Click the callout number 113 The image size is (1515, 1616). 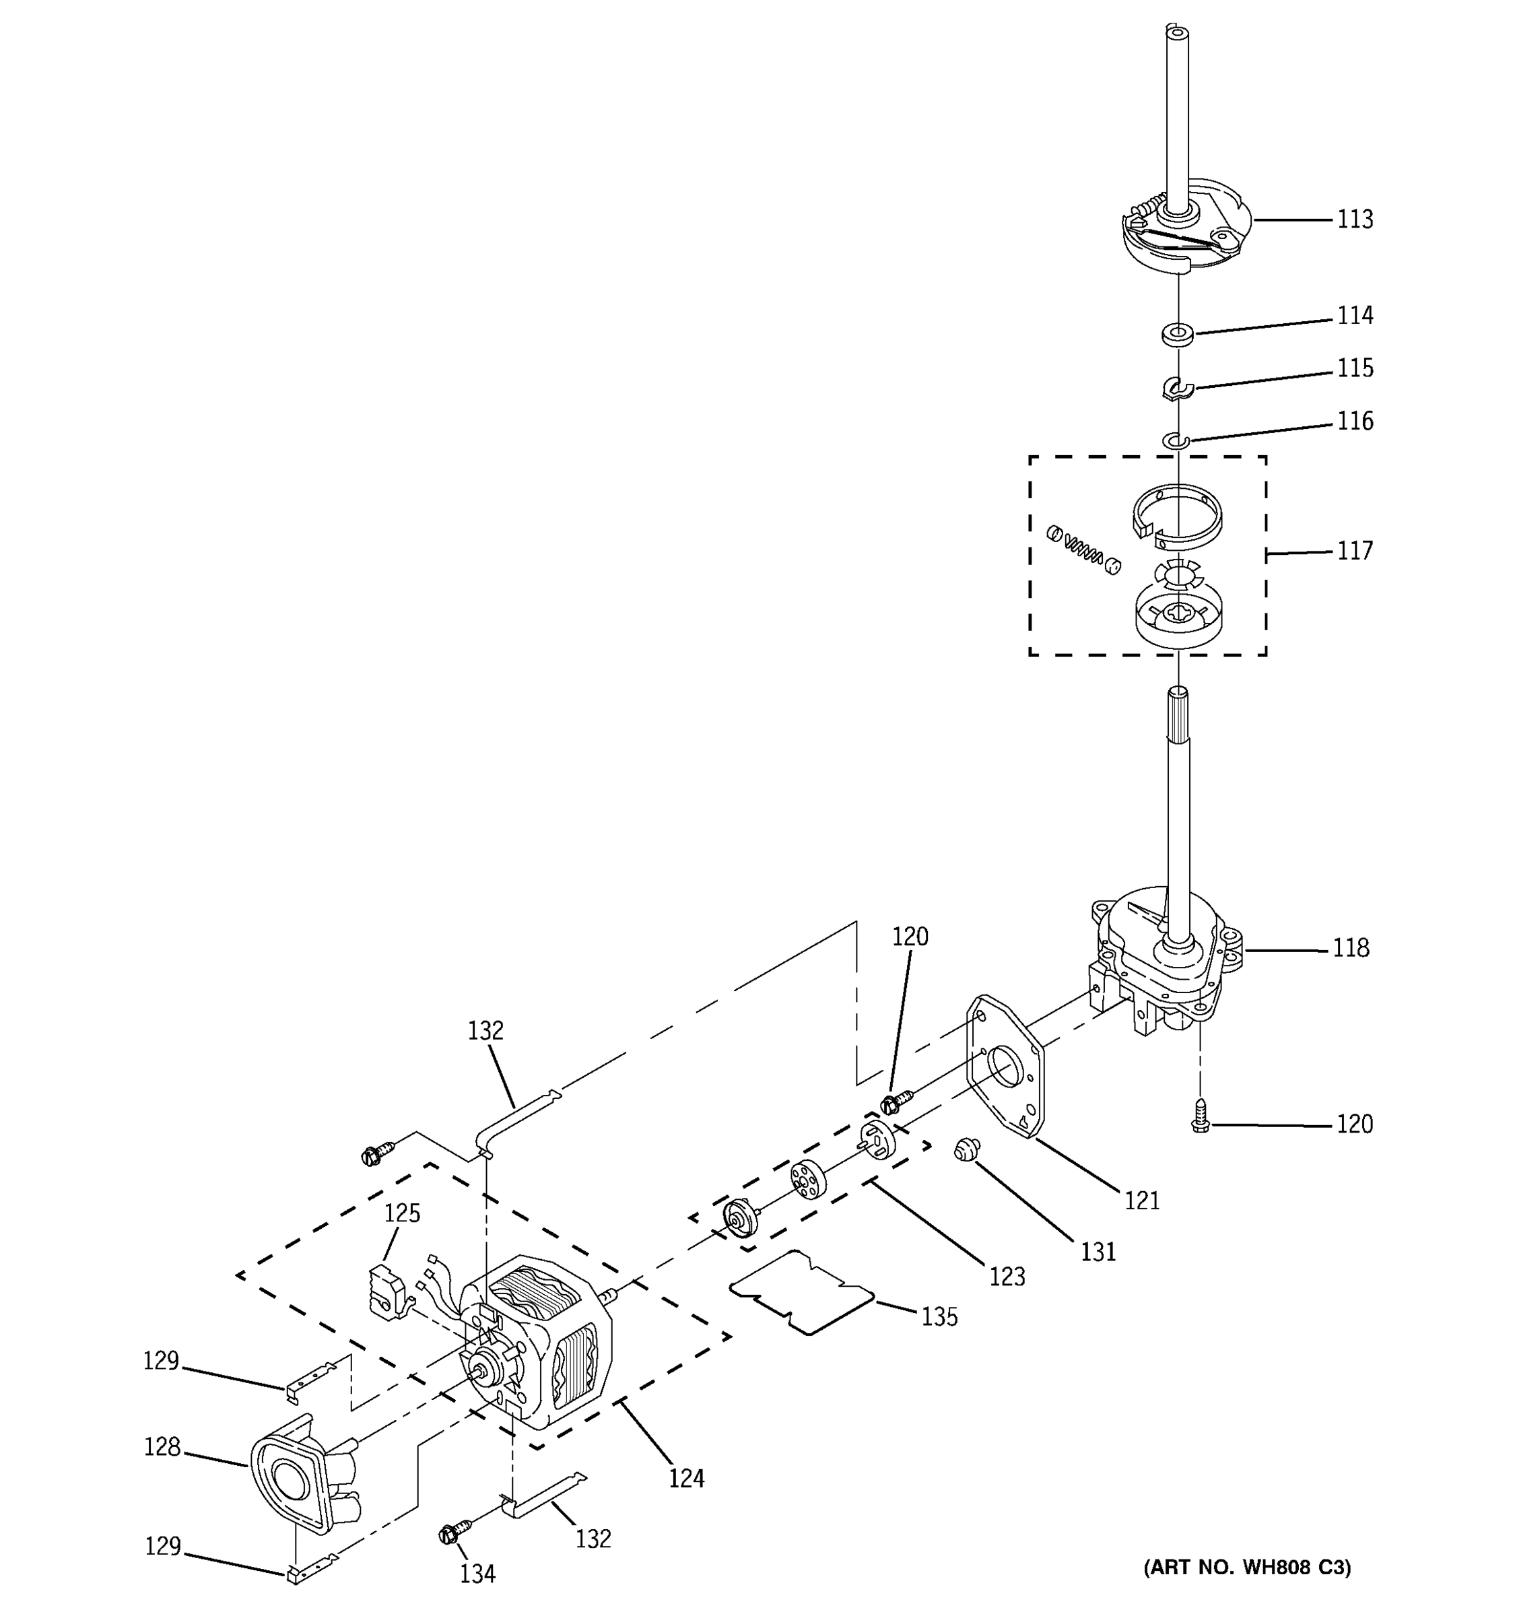(1355, 220)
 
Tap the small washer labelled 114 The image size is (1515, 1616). (1177, 333)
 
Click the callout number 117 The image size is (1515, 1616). (1355, 551)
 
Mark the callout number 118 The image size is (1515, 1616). (1351, 948)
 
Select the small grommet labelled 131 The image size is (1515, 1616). (966, 1149)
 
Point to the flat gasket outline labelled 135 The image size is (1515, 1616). (801, 1293)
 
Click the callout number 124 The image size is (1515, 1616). (686, 1478)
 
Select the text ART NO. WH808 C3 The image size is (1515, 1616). (1247, 1568)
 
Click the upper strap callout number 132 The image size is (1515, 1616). (485, 1031)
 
